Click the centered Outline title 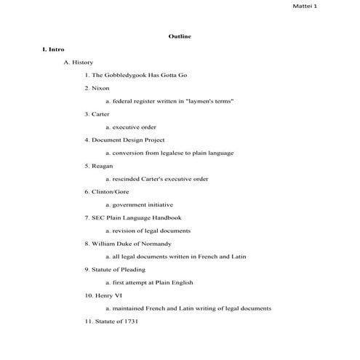point(180,36)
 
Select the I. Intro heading point(54,49)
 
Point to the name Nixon point(100,88)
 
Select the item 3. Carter point(97,114)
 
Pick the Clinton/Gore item point(108,192)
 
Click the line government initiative point(142,205)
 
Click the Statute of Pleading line point(119,270)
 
